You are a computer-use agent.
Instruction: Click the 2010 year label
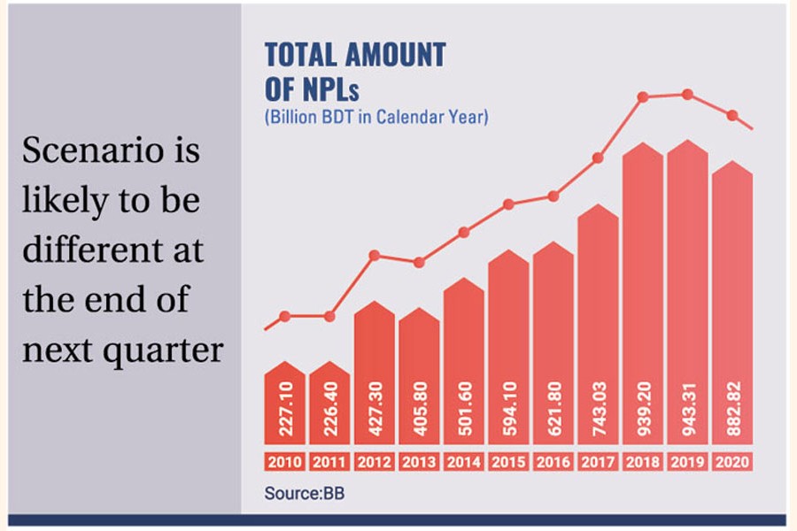[285, 462]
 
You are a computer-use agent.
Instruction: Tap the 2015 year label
[508, 462]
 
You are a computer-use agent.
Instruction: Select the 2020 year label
[731, 462]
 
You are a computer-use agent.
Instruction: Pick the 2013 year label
[419, 462]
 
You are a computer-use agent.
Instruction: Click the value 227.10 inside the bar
[285, 412]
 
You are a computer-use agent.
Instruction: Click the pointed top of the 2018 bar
[642, 144]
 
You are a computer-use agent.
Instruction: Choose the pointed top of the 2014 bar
[463, 280]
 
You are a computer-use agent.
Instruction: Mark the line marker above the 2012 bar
[374, 255]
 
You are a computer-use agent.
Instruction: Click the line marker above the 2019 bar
[686, 94]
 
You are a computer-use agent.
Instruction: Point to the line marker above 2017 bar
[598, 158]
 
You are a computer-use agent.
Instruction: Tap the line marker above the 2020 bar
[731, 115]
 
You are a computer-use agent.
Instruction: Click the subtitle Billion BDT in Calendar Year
[376, 116]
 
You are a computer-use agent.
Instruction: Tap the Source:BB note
[304, 493]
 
